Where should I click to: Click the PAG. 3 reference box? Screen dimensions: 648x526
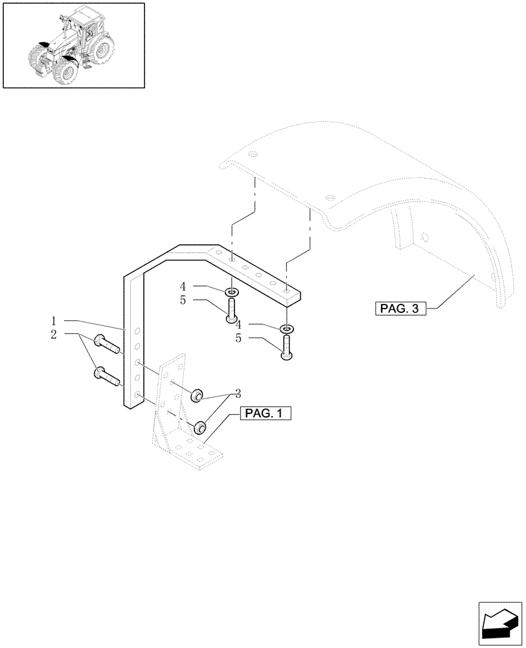tap(400, 308)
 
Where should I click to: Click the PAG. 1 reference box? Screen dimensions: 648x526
tap(266, 412)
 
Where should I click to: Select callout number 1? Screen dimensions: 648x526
tap(55, 321)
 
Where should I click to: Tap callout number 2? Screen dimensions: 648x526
tap(55, 334)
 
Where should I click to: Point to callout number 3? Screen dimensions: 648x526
tap(237, 393)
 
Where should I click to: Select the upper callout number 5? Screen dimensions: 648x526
tap(183, 301)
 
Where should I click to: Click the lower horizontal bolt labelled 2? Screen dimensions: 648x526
tap(107, 376)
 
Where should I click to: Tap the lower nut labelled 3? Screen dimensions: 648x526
tap(200, 427)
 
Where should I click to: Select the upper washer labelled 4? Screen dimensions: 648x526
tap(232, 292)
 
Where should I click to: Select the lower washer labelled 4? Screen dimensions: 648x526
tap(286, 330)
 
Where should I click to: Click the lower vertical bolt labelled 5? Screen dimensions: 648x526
tap(286, 347)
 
